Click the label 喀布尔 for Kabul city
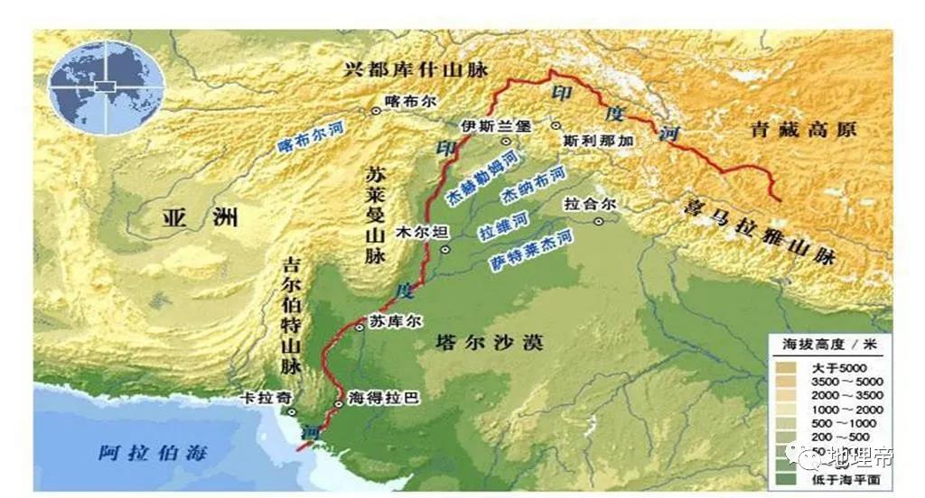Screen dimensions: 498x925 [x=404, y=99]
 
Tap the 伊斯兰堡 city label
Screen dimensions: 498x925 [x=495, y=125]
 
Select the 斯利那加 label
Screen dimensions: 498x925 [x=597, y=142]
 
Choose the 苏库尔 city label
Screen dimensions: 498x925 [x=389, y=321]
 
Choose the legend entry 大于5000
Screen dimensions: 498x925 [x=834, y=367]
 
